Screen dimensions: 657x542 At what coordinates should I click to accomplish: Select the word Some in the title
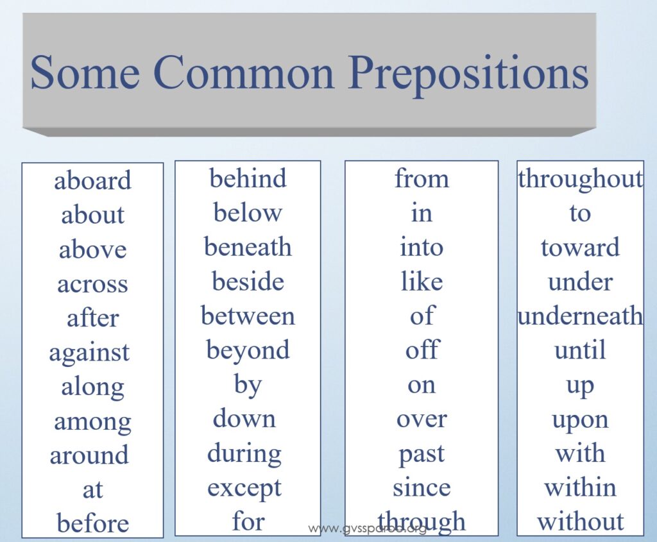click(85, 72)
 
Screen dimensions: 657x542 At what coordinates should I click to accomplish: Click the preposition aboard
click(92, 180)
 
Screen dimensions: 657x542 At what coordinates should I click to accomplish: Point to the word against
click(89, 353)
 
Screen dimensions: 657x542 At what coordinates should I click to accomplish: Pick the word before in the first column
click(92, 523)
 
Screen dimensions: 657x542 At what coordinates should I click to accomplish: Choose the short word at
click(92, 489)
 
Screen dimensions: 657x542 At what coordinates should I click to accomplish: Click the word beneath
click(248, 246)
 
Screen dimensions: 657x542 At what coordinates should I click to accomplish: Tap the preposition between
click(248, 316)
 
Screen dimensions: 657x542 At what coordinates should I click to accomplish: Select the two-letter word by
click(248, 385)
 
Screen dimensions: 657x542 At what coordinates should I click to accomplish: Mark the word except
click(244, 489)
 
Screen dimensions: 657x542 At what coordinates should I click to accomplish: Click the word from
click(422, 178)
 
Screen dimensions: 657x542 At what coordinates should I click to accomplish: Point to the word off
click(422, 350)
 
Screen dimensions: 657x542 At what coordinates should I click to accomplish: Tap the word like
click(422, 281)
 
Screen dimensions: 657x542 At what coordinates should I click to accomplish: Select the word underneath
click(580, 316)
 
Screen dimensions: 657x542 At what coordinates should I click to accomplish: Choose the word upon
click(580, 421)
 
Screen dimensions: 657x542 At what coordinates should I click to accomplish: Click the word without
click(580, 521)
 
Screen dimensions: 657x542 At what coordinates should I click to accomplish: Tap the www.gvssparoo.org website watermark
click(366, 529)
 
